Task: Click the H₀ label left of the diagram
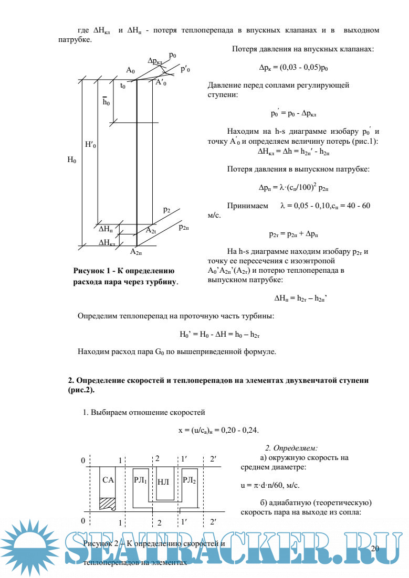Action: (x=71, y=161)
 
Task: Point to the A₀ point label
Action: (x=131, y=70)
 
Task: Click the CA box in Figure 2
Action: (x=108, y=480)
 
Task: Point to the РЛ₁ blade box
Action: (x=140, y=480)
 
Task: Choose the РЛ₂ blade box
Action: (x=189, y=480)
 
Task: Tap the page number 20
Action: (x=374, y=549)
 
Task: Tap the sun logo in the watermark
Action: (x=32, y=549)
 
